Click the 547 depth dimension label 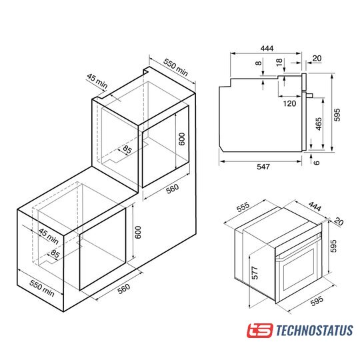pyautogui.click(x=263, y=167)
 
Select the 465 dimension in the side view pyautogui.click(x=319, y=124)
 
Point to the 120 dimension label pyautogui.click(x=289, y=103)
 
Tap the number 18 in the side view pyautogui.click(x=279, y=62)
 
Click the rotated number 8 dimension pyautogui.click(x=259, y=63)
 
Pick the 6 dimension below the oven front pyautogui.click(x=317, y=163)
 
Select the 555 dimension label pyautogui.click(x=243, y=207)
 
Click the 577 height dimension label pyautogui.click(x=255, y=273)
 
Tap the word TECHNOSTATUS pyautogui.click(x=314, y=331)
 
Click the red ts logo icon pyautogui.click(x=260, y=331)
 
